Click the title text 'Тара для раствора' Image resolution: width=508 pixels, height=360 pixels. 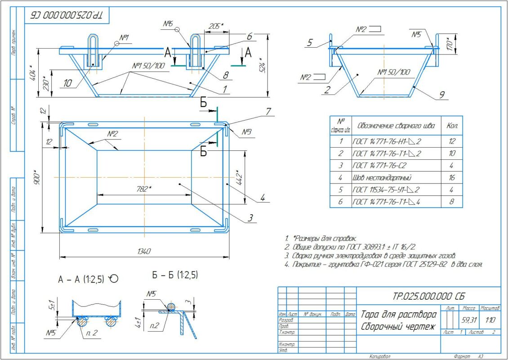(398, 314)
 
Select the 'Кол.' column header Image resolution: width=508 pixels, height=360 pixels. (452, 126)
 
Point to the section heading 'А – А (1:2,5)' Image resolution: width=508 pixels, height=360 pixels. (83, 279)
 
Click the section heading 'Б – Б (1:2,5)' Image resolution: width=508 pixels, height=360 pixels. (175, 274)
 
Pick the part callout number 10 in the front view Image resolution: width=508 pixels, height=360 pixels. (67, 83)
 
